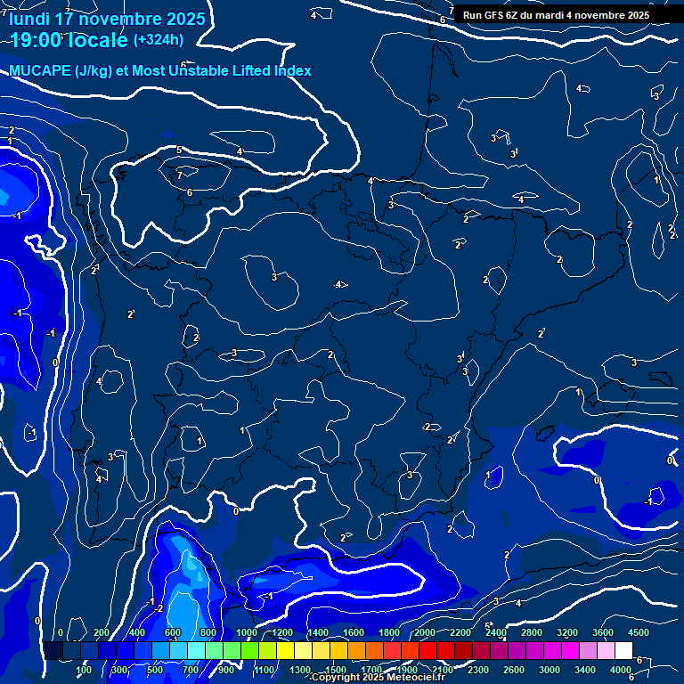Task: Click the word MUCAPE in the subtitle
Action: [x=39, y=70]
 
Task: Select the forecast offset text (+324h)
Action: [x=158, y=40]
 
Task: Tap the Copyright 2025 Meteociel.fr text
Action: [x=378, y=678]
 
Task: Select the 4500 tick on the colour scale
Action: [x=638, y=632]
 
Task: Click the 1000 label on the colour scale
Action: [x=247, y=632]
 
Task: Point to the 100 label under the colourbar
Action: [x=84, y=669]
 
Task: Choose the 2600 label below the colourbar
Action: [x=514, y=669]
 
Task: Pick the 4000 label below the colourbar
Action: [x=621, y=669]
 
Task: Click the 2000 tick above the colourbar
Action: [x=425, y=632]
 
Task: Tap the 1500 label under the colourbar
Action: [x=336, y=669]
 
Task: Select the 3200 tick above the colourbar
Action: [x=567, y=632]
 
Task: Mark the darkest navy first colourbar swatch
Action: [x=53, y=650]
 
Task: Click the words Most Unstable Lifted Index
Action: [x=222, y=70]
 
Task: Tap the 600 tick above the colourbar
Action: [x=173, y=632]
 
